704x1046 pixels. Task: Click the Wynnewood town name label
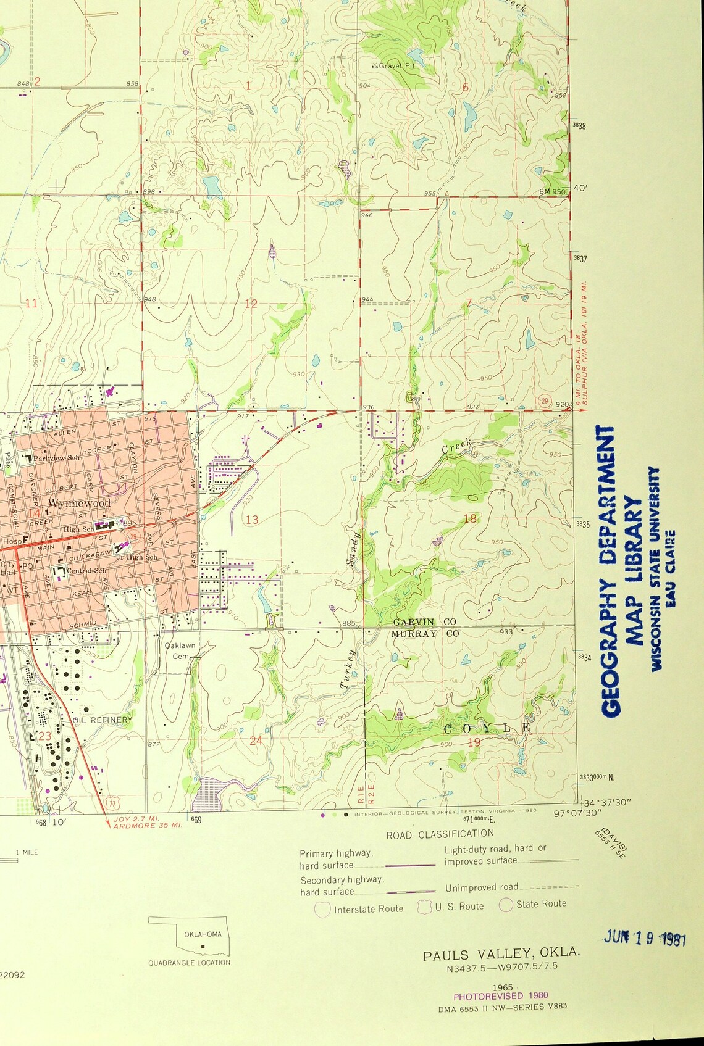pos(79,503)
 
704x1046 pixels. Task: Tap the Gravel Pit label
pos(397,65)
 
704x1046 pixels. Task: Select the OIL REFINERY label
pos(103,720)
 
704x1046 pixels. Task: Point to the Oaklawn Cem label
pos(180,650)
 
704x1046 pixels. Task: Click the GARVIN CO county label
pos(424,621)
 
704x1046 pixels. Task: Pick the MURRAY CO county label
pos(425,634)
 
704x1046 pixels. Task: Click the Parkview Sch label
pos(56,458)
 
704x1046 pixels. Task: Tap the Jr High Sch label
pos(137,557)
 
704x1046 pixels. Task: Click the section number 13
pos(252,520)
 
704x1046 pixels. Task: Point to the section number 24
pos(256,740)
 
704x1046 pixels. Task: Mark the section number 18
pos(470,518)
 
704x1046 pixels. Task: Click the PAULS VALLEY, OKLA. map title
pos(501,954)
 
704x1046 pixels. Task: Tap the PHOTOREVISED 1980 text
pos(500,995)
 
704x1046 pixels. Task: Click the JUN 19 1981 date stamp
pos(645,939)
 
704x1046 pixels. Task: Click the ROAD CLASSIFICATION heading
pos(440,834)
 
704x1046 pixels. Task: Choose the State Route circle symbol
pos(506,905)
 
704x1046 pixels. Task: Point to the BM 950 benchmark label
pos(551,191)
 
